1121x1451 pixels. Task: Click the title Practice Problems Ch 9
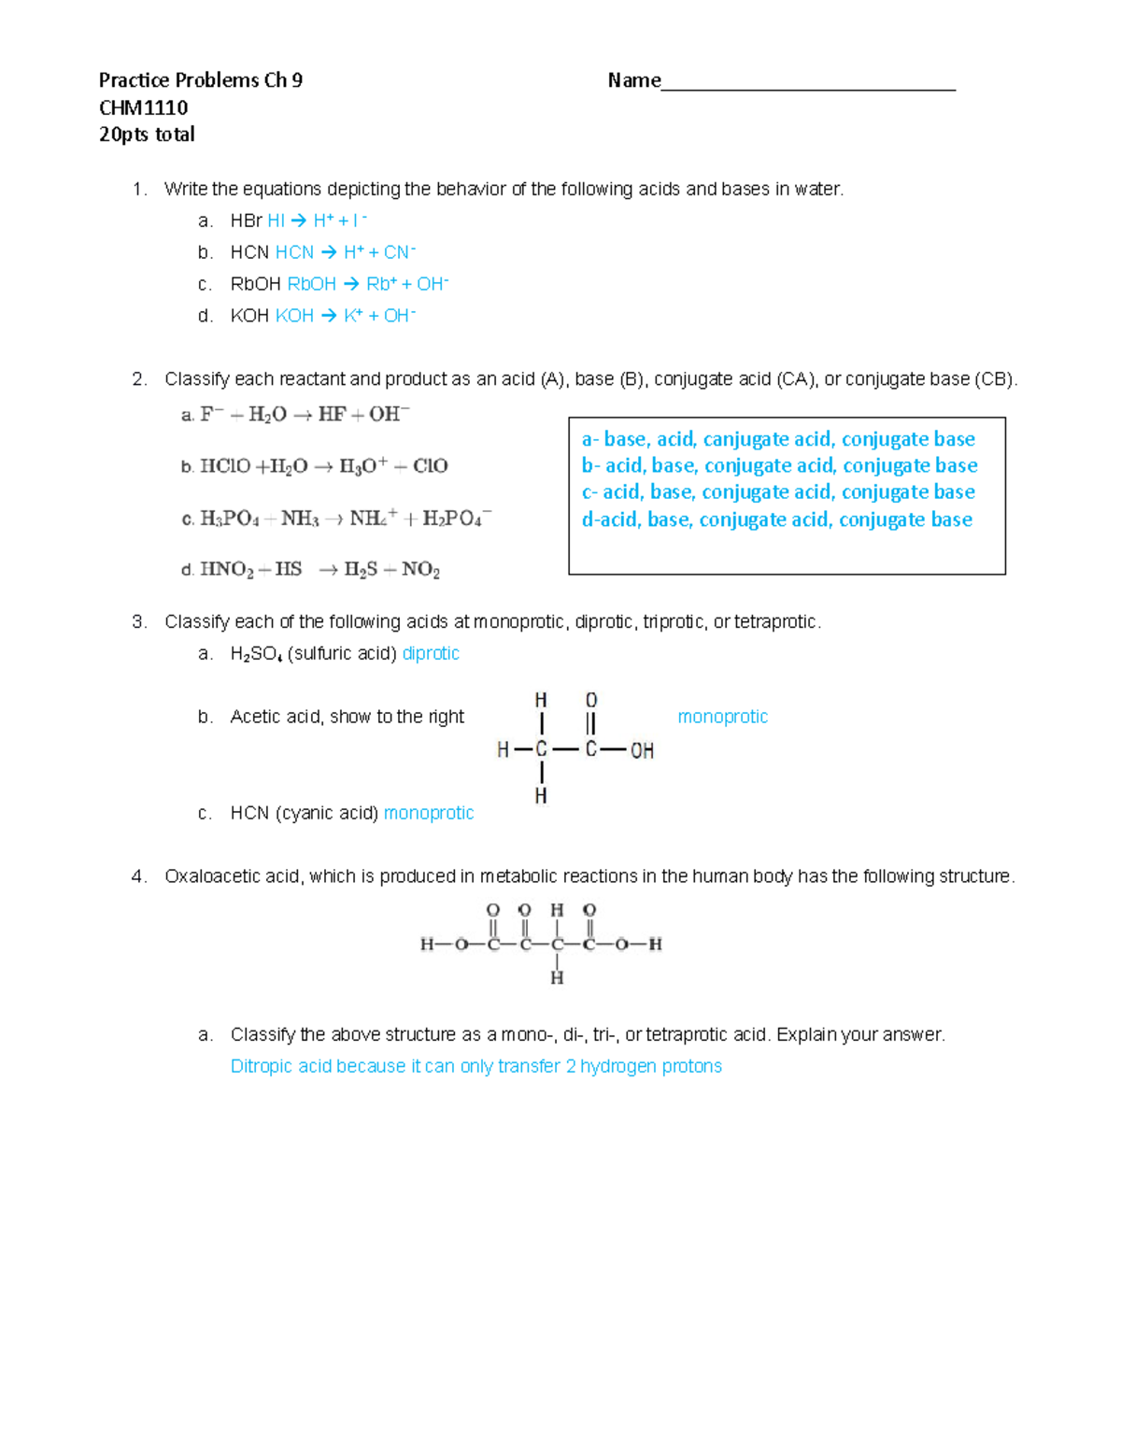pyautogui.click(x=200, y=80)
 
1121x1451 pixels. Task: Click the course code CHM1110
pyautogui.click(x=143, y=107)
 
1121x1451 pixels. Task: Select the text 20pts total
pyautogui.click(x=147, y=135)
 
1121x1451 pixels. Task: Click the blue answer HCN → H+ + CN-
pyautogui.click(x=345, y=252)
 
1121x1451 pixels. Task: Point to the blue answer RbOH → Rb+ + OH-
pyautogui.click(x=367, y=284)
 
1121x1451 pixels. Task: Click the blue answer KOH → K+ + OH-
pyautogui.click(x=345, y=316)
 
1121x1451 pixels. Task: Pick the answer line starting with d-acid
pyautogui.click(x=776, y=519)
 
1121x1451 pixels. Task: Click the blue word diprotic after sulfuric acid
pyautogui.click(x=431, y=653)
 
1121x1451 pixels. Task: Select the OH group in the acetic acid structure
pyautogui.click(x=642, y=750)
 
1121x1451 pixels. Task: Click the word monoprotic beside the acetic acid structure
pyautogui.click(x=722, y=717)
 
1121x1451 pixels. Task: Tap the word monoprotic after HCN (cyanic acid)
pyautogui.click(x=429, y=813)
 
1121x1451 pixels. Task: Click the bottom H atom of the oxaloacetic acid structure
pyautogui.click(x=557, y=977)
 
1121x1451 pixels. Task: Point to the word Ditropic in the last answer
pyautogui.click(x=262, y=1066)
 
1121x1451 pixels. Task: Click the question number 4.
pyautogui.click(x=138, y=876)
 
